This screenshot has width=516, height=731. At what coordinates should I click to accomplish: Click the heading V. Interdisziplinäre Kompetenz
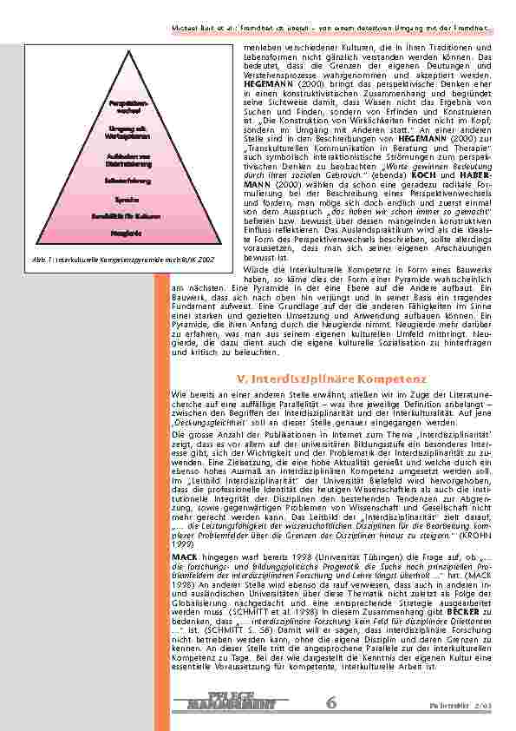(330, 379)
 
